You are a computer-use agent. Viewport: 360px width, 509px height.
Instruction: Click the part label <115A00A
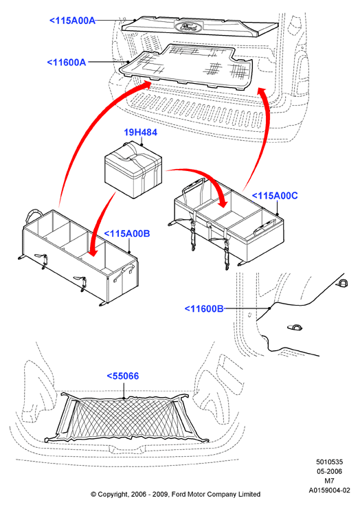(72, 21)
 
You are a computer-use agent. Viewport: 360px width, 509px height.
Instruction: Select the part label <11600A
(67, 62)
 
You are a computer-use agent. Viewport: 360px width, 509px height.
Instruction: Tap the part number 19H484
(141, 133)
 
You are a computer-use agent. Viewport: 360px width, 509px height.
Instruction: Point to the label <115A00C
(275, 196)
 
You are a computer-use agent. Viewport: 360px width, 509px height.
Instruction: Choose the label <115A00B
(127, 234)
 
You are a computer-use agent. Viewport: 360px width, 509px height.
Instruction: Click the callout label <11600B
(204, 308)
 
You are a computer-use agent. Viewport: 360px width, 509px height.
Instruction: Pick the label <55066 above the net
(123, 376)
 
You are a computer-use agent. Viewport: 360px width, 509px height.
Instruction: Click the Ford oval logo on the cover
(186, 27)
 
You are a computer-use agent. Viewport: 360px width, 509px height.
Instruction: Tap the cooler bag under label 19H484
(133, 170)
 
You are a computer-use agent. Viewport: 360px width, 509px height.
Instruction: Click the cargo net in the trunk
(126, 418)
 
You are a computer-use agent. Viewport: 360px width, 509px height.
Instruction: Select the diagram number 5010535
(330, 462)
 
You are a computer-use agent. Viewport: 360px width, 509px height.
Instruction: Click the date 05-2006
(330, 471)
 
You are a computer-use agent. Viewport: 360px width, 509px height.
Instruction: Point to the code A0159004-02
(330, 490)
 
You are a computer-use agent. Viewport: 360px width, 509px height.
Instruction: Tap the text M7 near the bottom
(329, 481)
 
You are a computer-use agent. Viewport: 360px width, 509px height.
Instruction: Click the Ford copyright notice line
(176, 495)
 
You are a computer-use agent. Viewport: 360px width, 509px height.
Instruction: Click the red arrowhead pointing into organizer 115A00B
(93, 251)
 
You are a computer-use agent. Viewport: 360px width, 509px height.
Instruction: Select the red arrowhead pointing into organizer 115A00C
(223, 202)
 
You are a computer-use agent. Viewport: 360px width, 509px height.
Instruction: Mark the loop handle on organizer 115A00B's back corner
(34, 214)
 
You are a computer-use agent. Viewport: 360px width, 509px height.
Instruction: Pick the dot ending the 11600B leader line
(269, 308)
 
